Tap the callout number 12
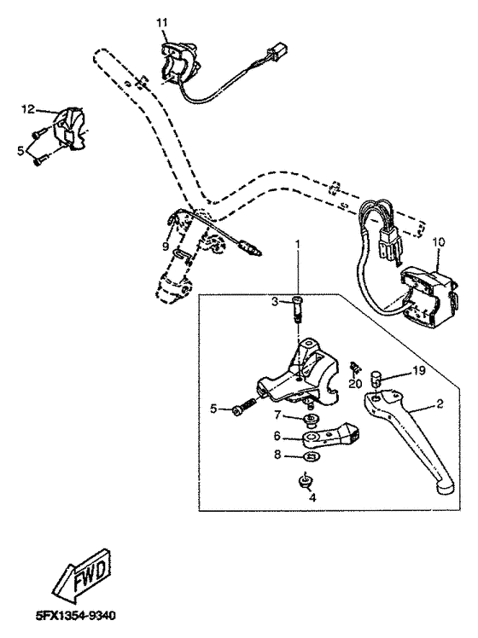pos(27,109)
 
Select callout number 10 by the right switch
pos(438,242)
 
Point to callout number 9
pos(166,248)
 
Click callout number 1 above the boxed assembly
pos(298,245)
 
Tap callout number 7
pos(277,415)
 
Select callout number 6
pos(277,436)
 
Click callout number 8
pos(277,456)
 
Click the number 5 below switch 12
pos(21,149)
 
